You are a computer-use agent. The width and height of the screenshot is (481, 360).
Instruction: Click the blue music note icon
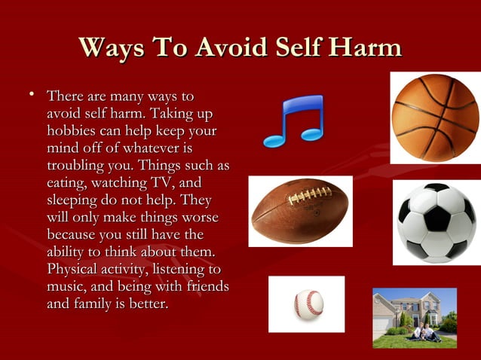pyautogui.click(x=293, y=121)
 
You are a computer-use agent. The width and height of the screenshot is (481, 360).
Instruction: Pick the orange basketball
pyautogui.click(x=435, y=117)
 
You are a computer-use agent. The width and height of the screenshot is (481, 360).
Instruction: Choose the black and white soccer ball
pyautogui.click(x=437, y=222)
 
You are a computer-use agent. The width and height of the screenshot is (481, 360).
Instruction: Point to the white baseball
pyautogui.click(x=308, y=304)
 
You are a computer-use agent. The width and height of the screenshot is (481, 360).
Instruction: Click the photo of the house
pyautogui.click(x=415, y=316)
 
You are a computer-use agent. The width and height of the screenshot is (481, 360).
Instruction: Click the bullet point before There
pyautogui.click(x=32, y=96)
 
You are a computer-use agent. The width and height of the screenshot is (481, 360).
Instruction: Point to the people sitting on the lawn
pyautogui.click(x=422, y=332)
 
